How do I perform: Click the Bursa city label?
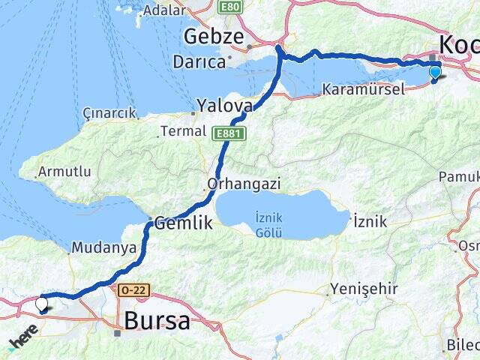(x=157, y=321)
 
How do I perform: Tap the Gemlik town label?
(x=184, y=223)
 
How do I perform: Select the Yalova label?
(x=224, y=106)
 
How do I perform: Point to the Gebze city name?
(x=214, y=37)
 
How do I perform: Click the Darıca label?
(x=199, y=62)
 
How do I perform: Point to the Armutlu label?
(x=64, y=172)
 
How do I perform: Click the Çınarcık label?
(x=109, y=113)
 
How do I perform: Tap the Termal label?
(x=182, y=131)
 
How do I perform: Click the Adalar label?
(x=162, y=10)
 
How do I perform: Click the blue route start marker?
(x=435, y=73)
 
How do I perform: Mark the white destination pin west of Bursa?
(x=42, y=304)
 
